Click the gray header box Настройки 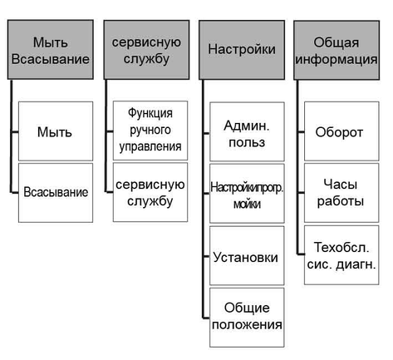point(242,50)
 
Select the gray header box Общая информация point(337,50)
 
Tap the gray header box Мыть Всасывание point(51,50)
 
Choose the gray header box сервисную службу point(146,50)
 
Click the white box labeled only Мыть point(56,131)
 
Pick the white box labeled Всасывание point(56,193)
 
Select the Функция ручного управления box point(150,131)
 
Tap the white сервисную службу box point(150,192)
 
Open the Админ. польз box point(247,131)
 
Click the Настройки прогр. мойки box point(247,194)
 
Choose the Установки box point(247,255)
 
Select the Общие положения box point(247,318)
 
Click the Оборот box point(341,131)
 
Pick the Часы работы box point(341,193)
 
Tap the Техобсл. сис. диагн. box point(341,255)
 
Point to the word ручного point(150,131)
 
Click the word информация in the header point(337,60)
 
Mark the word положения point(247,325)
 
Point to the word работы point(341,201)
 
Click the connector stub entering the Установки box point(206,257)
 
